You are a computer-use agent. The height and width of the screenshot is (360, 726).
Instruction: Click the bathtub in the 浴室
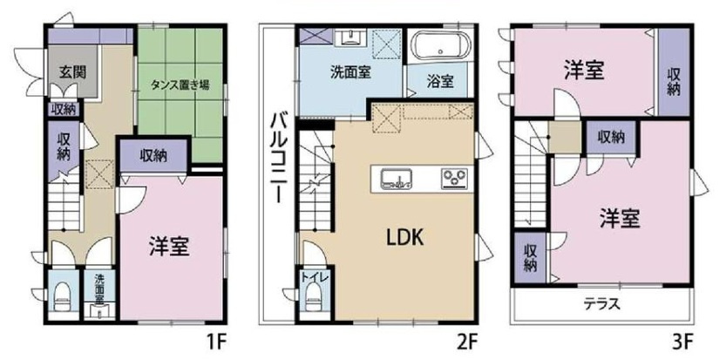pos(441,47)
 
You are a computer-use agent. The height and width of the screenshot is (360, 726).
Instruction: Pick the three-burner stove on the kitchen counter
pos(454,180)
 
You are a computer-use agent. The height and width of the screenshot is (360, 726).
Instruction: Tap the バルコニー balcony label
pos(276,157)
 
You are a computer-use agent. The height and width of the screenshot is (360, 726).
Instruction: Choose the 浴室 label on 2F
pos(440,82)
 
